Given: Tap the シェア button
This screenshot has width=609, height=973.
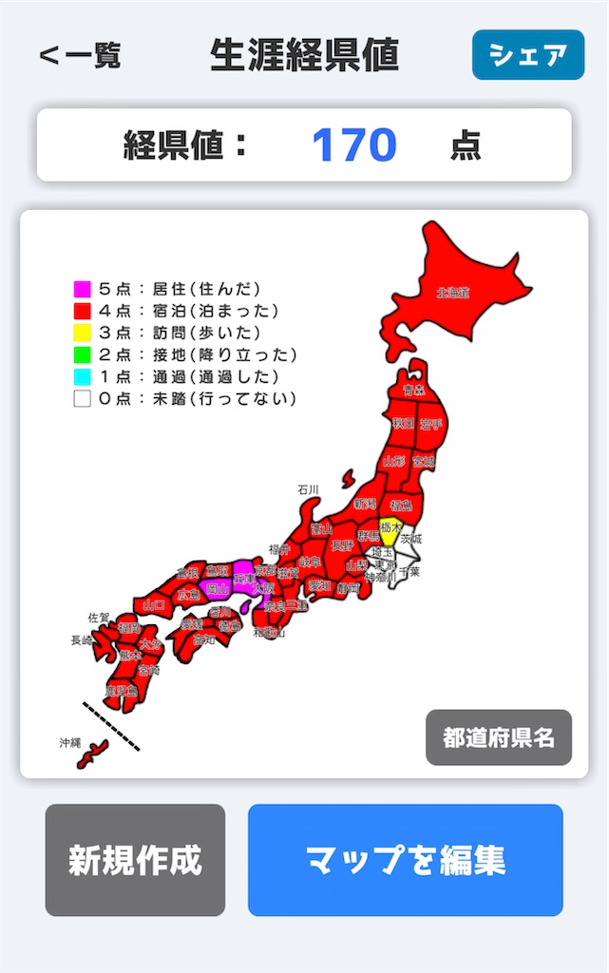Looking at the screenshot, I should coord(527,55).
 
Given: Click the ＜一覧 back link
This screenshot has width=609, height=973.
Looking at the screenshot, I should coord(80,55).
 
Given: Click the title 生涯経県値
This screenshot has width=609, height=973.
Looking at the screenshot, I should coord(304,55).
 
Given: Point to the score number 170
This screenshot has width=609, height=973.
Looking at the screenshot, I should coord(353,145).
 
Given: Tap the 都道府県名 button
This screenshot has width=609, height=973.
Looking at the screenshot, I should coord(498,737).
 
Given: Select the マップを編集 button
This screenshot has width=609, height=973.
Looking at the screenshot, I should coord(405,860).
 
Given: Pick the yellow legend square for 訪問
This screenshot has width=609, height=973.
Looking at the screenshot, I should coord(83,333).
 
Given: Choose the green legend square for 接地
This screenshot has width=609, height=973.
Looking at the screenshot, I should coord(83,354).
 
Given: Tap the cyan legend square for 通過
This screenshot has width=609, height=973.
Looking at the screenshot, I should coord(83,377).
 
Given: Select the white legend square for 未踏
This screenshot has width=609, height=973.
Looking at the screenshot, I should coord(83,399).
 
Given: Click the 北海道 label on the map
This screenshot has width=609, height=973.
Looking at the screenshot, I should coord(453,293).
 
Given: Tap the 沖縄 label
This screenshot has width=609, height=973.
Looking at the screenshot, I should coord(70,741).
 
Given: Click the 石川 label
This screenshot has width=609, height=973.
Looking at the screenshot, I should coord(307,489).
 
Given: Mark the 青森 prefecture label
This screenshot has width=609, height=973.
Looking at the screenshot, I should coord(412,390).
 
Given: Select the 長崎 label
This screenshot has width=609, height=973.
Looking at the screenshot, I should coord(82,640).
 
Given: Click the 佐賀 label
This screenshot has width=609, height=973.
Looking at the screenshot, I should coord(99,617).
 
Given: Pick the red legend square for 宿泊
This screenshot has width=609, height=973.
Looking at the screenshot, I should coord(83,311).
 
